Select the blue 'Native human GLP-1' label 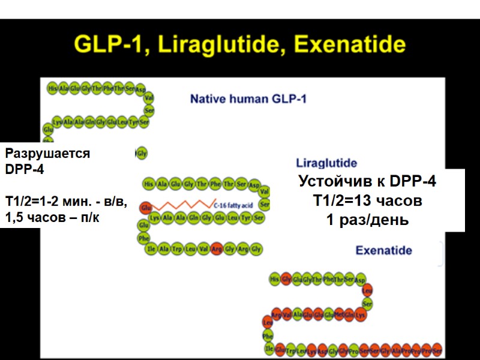click(x=248, y=98)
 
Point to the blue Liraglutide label click(x=326, y=163)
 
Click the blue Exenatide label click(x=383, y=250)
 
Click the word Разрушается click(x=47, y=154)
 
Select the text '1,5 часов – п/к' click(x=52, y=218)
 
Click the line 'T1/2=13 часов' click(x=367, y=200)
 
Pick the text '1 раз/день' click(x=367, y=220)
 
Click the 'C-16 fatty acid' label click(x=234, y=205)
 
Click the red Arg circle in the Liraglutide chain click(x=217, y=248)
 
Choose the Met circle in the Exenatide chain click(x=340, y=314)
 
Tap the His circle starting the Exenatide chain click(x=274, y=278)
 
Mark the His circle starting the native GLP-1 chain click(x=53, y=88)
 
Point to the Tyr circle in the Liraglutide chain click(x=245, y=218)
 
